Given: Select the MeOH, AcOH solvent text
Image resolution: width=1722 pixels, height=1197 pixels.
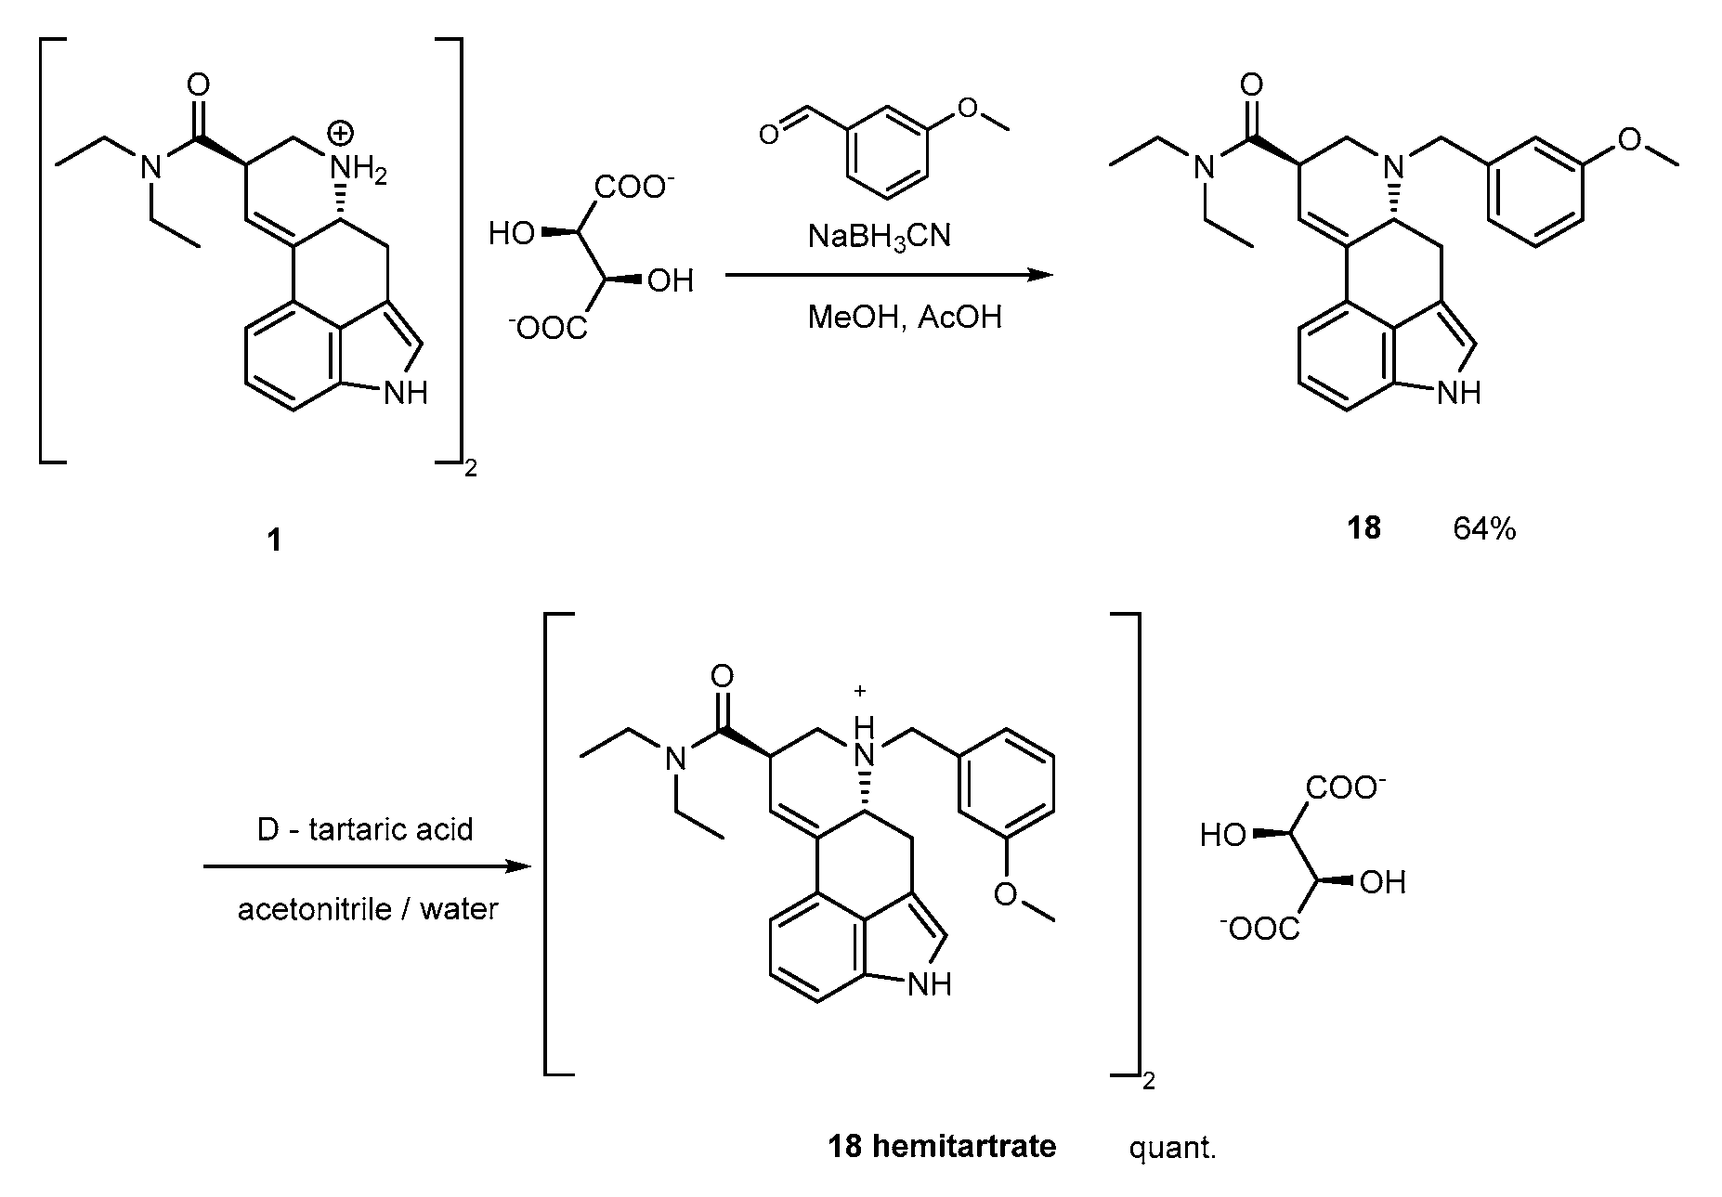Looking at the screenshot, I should coord(905,318).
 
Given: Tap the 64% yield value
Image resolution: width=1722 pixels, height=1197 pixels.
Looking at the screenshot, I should coord(1484,528).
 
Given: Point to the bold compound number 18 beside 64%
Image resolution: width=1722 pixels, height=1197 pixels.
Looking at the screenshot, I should coord(1363,528).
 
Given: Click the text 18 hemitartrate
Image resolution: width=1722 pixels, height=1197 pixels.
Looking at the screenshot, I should coord(941,1147).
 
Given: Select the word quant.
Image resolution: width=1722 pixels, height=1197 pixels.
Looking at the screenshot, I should coord(1172,1148).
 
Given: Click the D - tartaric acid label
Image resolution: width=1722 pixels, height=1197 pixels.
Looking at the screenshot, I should coord(365,828).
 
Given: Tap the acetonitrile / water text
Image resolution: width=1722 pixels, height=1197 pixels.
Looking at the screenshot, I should coord(368,908).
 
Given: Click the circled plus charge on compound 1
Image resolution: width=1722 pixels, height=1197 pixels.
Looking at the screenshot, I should coord(341,134).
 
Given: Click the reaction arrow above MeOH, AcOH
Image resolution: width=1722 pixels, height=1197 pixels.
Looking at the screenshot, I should coord(889,275).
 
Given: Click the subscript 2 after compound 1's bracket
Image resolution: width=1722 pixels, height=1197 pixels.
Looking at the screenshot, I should coord(470,470).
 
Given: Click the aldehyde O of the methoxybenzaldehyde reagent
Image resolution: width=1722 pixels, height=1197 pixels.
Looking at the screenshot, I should coord(768,136).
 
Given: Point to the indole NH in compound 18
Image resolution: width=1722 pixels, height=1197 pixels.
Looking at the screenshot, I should coord(1457,393).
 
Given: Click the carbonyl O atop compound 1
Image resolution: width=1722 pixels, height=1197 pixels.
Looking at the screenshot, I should coord(198,85).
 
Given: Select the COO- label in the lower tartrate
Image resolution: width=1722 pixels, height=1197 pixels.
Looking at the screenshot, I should coord(1346,788).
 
